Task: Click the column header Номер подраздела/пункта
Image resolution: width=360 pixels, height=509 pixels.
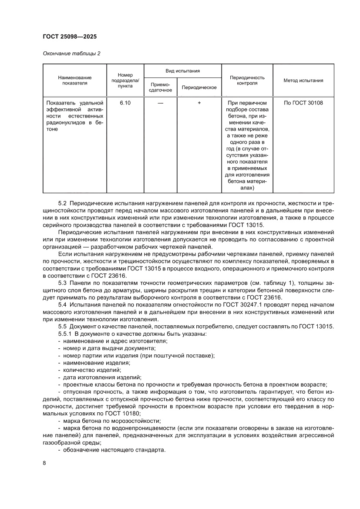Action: click(125, 81)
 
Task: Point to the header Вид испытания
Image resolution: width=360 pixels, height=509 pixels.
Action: click(182, 71)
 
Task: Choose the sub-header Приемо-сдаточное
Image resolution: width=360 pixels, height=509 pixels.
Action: click(161, 87)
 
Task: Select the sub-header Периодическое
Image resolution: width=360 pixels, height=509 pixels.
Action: click(199, 88)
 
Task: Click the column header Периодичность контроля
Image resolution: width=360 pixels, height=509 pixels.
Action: click(247, 80)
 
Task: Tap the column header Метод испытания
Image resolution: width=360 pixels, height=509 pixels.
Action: click(303, 81)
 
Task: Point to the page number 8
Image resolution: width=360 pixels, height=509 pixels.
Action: click(44, 475)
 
